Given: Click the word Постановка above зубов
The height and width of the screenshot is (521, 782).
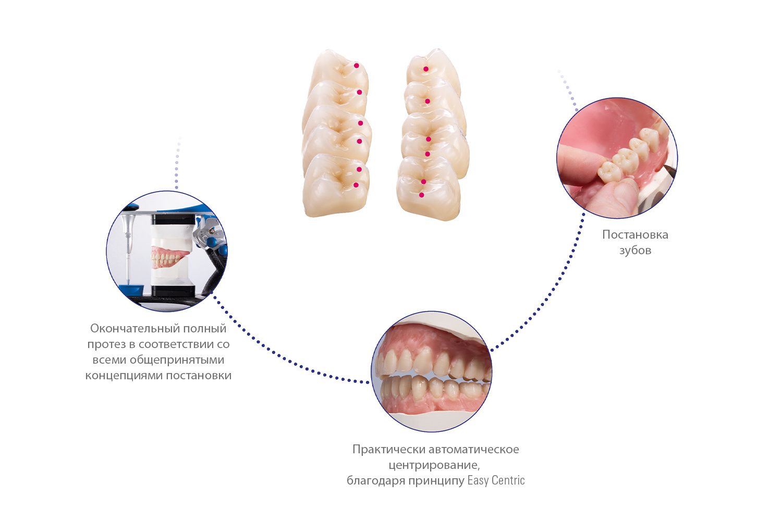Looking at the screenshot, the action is [635, 234].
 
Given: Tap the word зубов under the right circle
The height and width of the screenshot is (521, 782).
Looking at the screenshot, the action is [635, 251].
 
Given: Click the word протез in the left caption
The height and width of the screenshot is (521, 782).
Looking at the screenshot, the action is [106, 345].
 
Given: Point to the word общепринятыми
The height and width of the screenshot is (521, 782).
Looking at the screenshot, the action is [177, 360].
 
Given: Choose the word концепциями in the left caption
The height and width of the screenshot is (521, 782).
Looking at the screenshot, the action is [124, 376].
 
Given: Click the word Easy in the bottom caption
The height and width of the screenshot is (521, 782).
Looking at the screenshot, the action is [478, 481].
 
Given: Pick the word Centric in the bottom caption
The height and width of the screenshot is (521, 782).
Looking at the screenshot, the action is [508, 480].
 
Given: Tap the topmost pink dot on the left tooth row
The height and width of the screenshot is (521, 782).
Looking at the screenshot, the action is [357, 66].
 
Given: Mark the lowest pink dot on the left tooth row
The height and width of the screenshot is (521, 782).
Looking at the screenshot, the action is [356, 185].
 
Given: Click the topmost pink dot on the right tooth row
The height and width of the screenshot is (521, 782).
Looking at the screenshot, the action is [426, 69].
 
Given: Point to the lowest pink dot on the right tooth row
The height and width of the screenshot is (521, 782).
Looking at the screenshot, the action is [422, 195].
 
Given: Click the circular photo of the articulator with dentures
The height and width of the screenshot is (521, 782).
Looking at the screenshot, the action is [167, 251].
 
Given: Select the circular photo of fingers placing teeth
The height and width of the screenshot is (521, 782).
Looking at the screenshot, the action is [617, 158].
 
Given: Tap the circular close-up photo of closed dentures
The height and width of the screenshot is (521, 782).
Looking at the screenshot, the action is [432, 371].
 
